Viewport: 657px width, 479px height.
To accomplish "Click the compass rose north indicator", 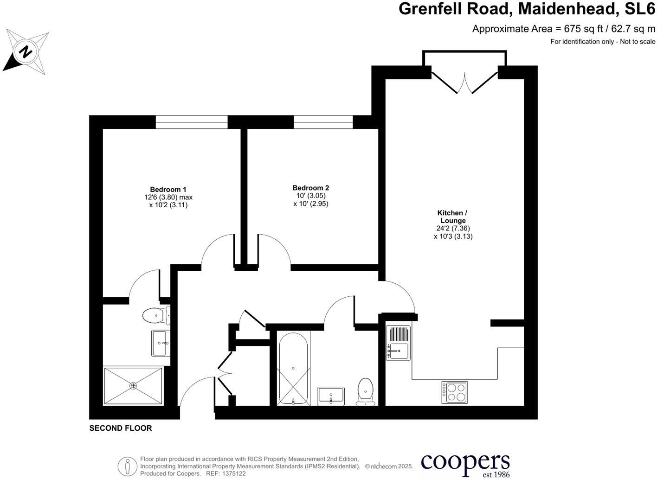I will tap(26, 51).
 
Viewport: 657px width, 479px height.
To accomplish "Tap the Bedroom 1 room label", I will tap(168, 189).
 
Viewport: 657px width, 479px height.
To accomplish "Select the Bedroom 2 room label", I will tap(310, 188).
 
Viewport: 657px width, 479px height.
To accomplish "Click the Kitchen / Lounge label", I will tap(453, 217).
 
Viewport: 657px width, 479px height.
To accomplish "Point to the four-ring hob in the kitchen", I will tap(454, 392).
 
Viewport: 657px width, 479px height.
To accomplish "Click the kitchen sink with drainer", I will tap(398, 343).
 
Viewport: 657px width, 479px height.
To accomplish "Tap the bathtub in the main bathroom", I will tap(293, 369).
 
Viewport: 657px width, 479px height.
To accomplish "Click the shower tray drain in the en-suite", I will tap(133, 385).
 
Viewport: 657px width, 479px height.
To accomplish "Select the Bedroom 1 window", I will tap(192, 122).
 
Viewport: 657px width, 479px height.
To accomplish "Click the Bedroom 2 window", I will tap(323, 122).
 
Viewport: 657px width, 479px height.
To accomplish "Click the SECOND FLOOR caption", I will tap(121, 428).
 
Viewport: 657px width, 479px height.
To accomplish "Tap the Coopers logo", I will tap(465, 464).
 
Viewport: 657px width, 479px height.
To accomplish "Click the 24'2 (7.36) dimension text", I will tap(453, 228).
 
